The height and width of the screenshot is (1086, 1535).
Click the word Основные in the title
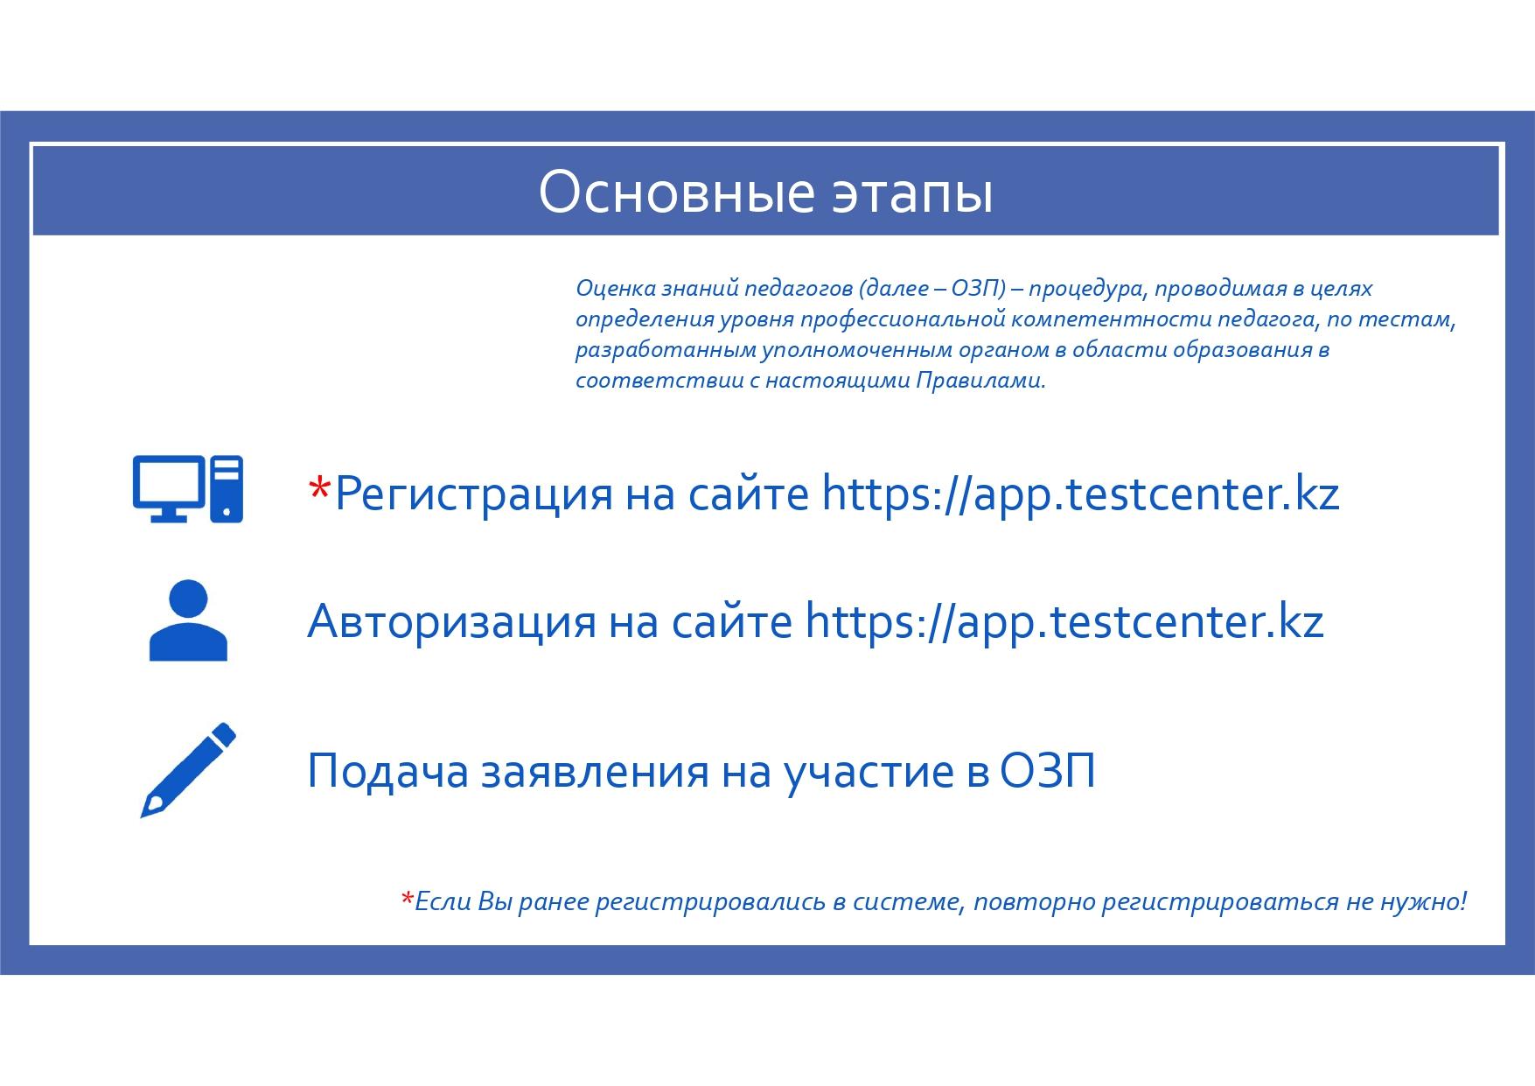pyautogui.click(x=666, y=193)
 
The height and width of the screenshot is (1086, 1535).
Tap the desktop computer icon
pyautogui.click(x=187, y=489)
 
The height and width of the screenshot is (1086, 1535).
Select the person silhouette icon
pyautogui.click(x=188, y=620)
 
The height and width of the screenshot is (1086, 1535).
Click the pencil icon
pyautogui.click(x=188, y=770)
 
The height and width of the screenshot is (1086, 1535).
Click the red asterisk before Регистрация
pyautogui.click(x=320, y=487)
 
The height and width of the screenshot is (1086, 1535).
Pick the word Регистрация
pyautogui.click(x=473, y=495)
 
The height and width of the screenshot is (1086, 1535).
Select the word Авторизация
pyautogui.click(x=451, y=623)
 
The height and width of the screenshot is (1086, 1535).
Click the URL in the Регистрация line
pyautogui.click(x=1080, y=495)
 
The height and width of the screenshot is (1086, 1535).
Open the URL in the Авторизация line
pyautogui.click(x=1064, y=623)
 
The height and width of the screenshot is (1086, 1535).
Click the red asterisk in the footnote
pyautogui.click(x=407, y=899)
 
